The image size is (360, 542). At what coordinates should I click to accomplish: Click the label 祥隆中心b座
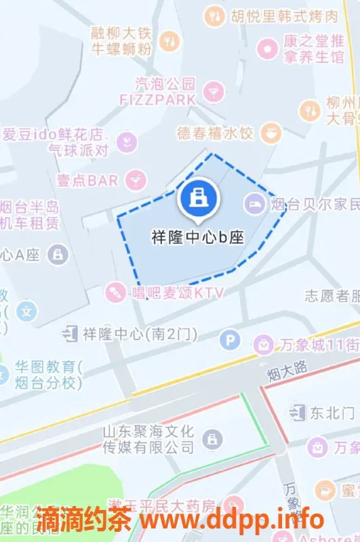point(197,238)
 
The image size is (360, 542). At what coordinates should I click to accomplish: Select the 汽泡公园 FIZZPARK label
point(166,91)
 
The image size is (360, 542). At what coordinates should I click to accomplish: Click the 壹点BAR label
point(87,180)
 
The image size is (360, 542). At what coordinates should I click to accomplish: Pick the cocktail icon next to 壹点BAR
point(136,180)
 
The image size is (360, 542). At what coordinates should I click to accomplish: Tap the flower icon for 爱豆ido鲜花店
point(125,141)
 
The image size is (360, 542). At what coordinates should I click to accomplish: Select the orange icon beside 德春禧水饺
point(272,131)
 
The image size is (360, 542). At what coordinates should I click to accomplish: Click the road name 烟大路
point(287,369)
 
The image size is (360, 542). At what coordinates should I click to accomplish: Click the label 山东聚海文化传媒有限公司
point(148,439)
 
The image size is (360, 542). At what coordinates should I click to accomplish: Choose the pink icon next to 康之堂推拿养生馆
point(268,47)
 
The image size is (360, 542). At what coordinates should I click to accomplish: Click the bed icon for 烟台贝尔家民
point(256,201)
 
